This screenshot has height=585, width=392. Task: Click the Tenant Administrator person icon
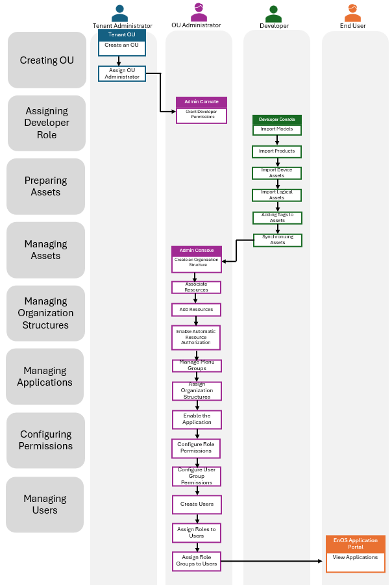[119, 13]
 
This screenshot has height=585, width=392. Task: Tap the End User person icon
[352, 12]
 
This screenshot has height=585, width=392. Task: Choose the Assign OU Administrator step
[122, 73]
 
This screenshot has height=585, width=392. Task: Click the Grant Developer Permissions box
[201, 114]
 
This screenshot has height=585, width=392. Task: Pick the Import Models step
[276, 129]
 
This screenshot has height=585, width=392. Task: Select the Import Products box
[276, 151]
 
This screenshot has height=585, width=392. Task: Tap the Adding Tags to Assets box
[277, 218]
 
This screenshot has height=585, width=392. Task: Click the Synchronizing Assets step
[277, 240]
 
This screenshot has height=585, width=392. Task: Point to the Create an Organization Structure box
[197, 263]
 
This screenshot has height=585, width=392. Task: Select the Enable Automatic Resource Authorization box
[196, 337]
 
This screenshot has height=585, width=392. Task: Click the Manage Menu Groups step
[197, 366]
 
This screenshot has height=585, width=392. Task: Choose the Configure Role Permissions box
[196, 447]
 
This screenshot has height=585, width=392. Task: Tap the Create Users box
[197, 504]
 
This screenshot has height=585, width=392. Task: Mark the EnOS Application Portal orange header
[355, 543]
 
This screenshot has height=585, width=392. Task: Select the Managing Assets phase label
[46, 250]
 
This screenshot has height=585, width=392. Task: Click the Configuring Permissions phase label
[45, 440]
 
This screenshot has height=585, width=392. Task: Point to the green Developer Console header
[276, 119]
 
